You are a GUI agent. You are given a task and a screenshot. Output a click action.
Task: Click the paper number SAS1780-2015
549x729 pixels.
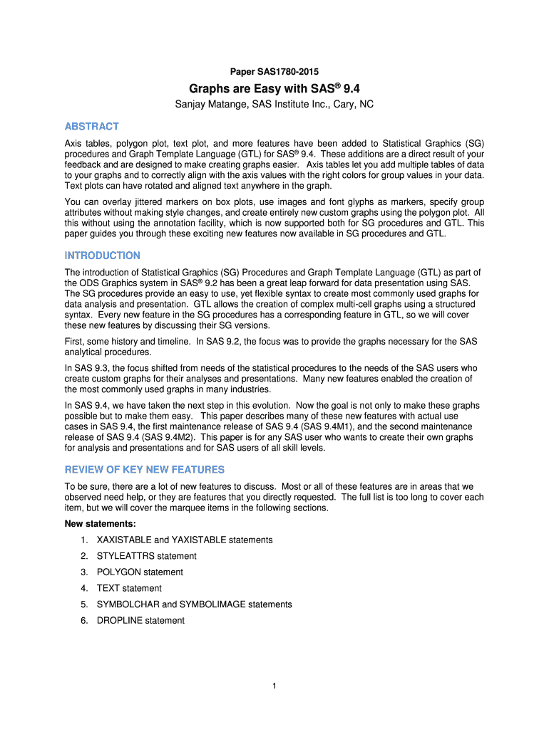point(274,72)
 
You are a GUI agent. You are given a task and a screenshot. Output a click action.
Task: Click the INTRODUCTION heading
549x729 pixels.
point(102,255)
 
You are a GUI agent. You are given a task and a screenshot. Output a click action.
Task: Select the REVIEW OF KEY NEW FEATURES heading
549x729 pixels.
point(144,470)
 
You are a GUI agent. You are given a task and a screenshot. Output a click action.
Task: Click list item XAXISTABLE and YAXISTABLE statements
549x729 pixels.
point(185,540)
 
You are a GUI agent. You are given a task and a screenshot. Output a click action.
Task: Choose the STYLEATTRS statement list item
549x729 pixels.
point(146,556)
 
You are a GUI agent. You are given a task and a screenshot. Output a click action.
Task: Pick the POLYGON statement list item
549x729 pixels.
point(140,572)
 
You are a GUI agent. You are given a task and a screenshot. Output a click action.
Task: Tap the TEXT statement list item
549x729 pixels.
point(129,588)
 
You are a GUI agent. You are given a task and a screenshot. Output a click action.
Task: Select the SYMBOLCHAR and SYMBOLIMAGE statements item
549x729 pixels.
point(194,604)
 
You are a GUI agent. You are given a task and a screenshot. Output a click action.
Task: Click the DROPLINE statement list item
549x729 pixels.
point(140,621)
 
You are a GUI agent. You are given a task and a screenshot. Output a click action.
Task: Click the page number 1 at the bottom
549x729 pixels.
point(274,686)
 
